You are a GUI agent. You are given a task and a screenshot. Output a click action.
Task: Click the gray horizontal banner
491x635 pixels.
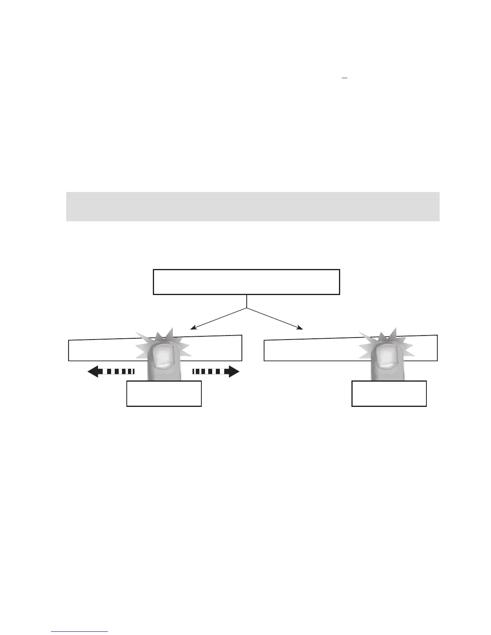253,206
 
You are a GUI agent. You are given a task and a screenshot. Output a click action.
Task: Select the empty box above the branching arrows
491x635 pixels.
246,282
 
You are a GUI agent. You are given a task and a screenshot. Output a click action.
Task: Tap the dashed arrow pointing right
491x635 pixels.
216,372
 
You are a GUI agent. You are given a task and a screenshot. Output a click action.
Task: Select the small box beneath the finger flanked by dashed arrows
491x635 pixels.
164,394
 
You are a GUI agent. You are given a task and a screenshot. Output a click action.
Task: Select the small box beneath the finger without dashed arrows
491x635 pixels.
389,394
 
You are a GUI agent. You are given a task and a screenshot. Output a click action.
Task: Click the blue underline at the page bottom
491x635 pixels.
79,631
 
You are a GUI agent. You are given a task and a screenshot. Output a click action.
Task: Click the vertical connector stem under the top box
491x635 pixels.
246,301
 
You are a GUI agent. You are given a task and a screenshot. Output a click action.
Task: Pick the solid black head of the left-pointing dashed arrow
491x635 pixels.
94,372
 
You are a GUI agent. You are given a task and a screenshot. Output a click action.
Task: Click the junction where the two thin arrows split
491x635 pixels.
246,308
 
